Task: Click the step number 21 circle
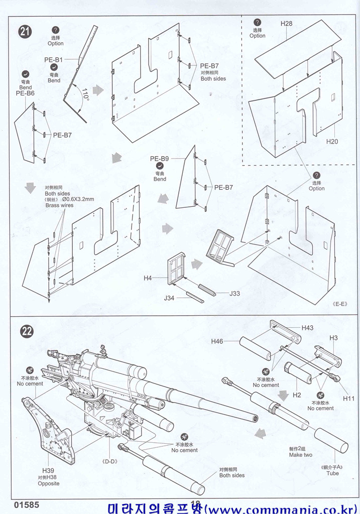[x=26, y=31]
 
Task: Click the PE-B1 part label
[x=53, y=60]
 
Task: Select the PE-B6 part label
[x=25, y=93]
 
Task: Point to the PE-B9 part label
[x=159, y=159]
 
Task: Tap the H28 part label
[x=287, y=24]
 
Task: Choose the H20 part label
[x=332, y=142]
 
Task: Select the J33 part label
[x=234, y=294]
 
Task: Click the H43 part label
[x=307, y=328]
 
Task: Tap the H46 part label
[x=217, y=341]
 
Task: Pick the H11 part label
[x=349, y=398]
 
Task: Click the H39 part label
[x=49, y=470]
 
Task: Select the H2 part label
[x=297, y=395]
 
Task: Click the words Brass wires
[x=59, y=205]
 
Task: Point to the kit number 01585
[x=27, y=504]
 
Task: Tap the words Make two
[x=300, y=455]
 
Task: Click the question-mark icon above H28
[x=257, y=22]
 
